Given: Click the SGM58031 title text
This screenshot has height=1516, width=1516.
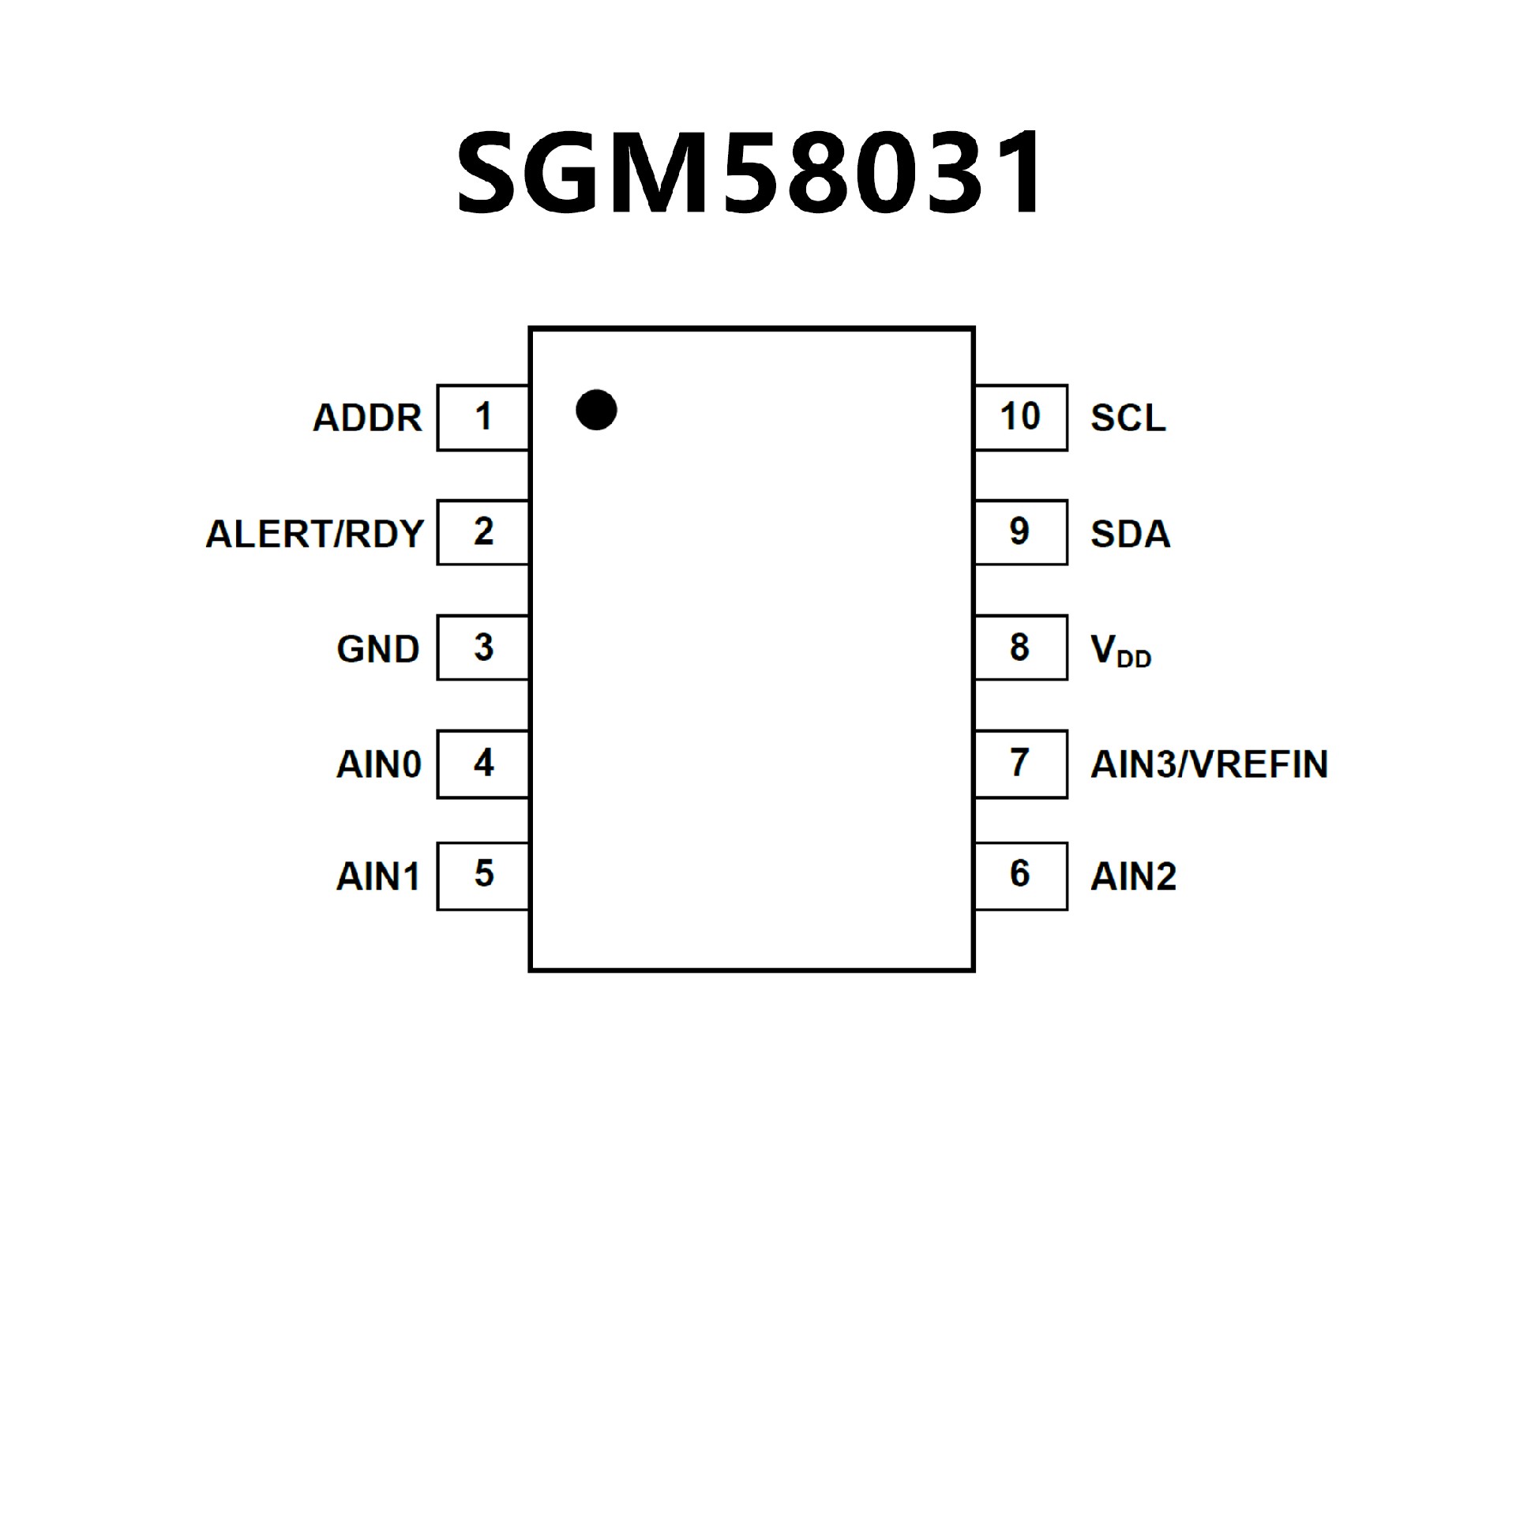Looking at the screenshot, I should (x=751, y=173).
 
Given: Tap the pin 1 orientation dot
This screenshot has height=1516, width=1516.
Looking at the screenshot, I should (x=596, y=410).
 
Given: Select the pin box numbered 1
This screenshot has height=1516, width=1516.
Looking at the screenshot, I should (x=483, y=418).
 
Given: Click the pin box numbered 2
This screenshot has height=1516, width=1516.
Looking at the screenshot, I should (x=483, y=532).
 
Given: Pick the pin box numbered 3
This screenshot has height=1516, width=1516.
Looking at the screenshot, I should (x=483, y=647).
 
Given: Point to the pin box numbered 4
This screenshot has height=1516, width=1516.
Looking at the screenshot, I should (x=483, y=764).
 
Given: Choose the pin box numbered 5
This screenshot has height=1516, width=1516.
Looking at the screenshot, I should (x=483, y=876).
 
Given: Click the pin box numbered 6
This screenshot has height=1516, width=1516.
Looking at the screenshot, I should (x=1020, y=876).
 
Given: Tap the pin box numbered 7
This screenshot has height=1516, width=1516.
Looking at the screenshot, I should (x=1020, y=764).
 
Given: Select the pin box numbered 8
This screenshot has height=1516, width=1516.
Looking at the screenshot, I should (x=1020, y=647).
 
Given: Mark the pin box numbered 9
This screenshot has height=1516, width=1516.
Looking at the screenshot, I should (x=1020, y=532).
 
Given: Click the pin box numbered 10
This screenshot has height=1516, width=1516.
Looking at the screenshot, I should (x=1020, y=418).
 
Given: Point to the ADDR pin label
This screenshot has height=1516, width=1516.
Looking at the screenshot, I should (x=367, y=418).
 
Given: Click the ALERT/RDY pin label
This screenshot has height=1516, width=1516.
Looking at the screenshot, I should (x=314, y=534).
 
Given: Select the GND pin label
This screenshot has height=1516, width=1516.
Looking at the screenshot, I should (x=377, y=649).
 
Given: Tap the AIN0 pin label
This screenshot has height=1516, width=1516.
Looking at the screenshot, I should (x=379, y=764).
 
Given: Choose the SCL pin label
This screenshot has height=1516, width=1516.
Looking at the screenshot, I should (x=1128, y=418).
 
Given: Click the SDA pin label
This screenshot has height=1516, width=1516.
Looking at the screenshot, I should (x=1130, y=534).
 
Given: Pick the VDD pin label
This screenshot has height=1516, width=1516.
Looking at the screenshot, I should (x=1120, y=651).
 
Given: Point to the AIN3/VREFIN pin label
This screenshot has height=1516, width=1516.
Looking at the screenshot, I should (x=1209, y=764).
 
